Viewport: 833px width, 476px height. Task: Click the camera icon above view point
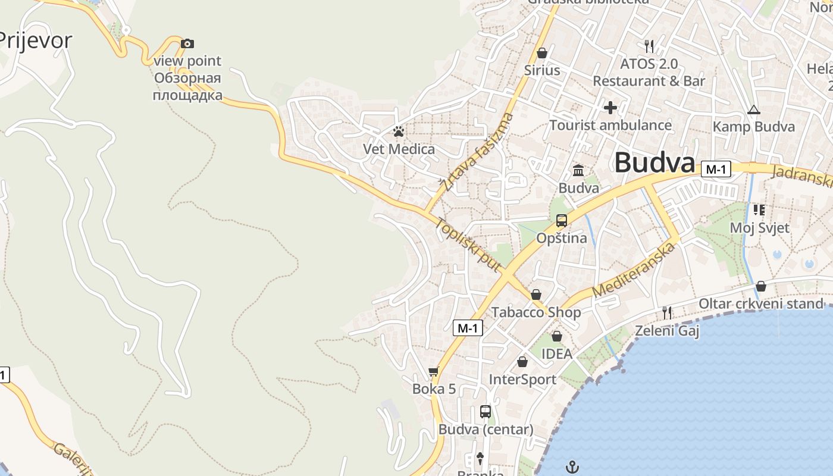click(x=187, y=43)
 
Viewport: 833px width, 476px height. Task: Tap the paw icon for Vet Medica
click(x=399, y=131)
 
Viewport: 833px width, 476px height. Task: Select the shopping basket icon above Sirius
click(x=542, y=53)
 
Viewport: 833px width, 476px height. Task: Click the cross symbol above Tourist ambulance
click(x=610, y=108)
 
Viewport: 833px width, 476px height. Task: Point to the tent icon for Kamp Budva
click(x=754, y=109)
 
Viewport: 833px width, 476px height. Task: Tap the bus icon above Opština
click(x=561, y=221)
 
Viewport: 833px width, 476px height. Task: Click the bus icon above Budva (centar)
click(x=486, y=411)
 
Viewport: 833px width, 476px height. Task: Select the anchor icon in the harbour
click(x=572, y=467)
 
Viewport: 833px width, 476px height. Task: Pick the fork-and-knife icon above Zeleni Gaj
click(x=667, y=312)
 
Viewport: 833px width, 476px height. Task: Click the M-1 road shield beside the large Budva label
click(x=715, y=170)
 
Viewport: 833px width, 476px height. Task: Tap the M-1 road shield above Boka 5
click(x=468, y=328)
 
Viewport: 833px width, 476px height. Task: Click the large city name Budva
click(x=654, y=162)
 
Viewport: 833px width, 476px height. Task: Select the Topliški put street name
click(x=469, y=245)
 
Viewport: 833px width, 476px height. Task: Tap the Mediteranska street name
click(x=635, y=270)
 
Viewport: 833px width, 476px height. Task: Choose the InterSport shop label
click(x=522, y=380)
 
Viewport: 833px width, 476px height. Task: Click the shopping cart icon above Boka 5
click(x=433, y=372)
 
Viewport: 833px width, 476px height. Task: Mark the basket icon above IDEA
click(x=557, y=336)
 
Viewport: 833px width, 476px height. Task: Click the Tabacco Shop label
click(x=535, y=312)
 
